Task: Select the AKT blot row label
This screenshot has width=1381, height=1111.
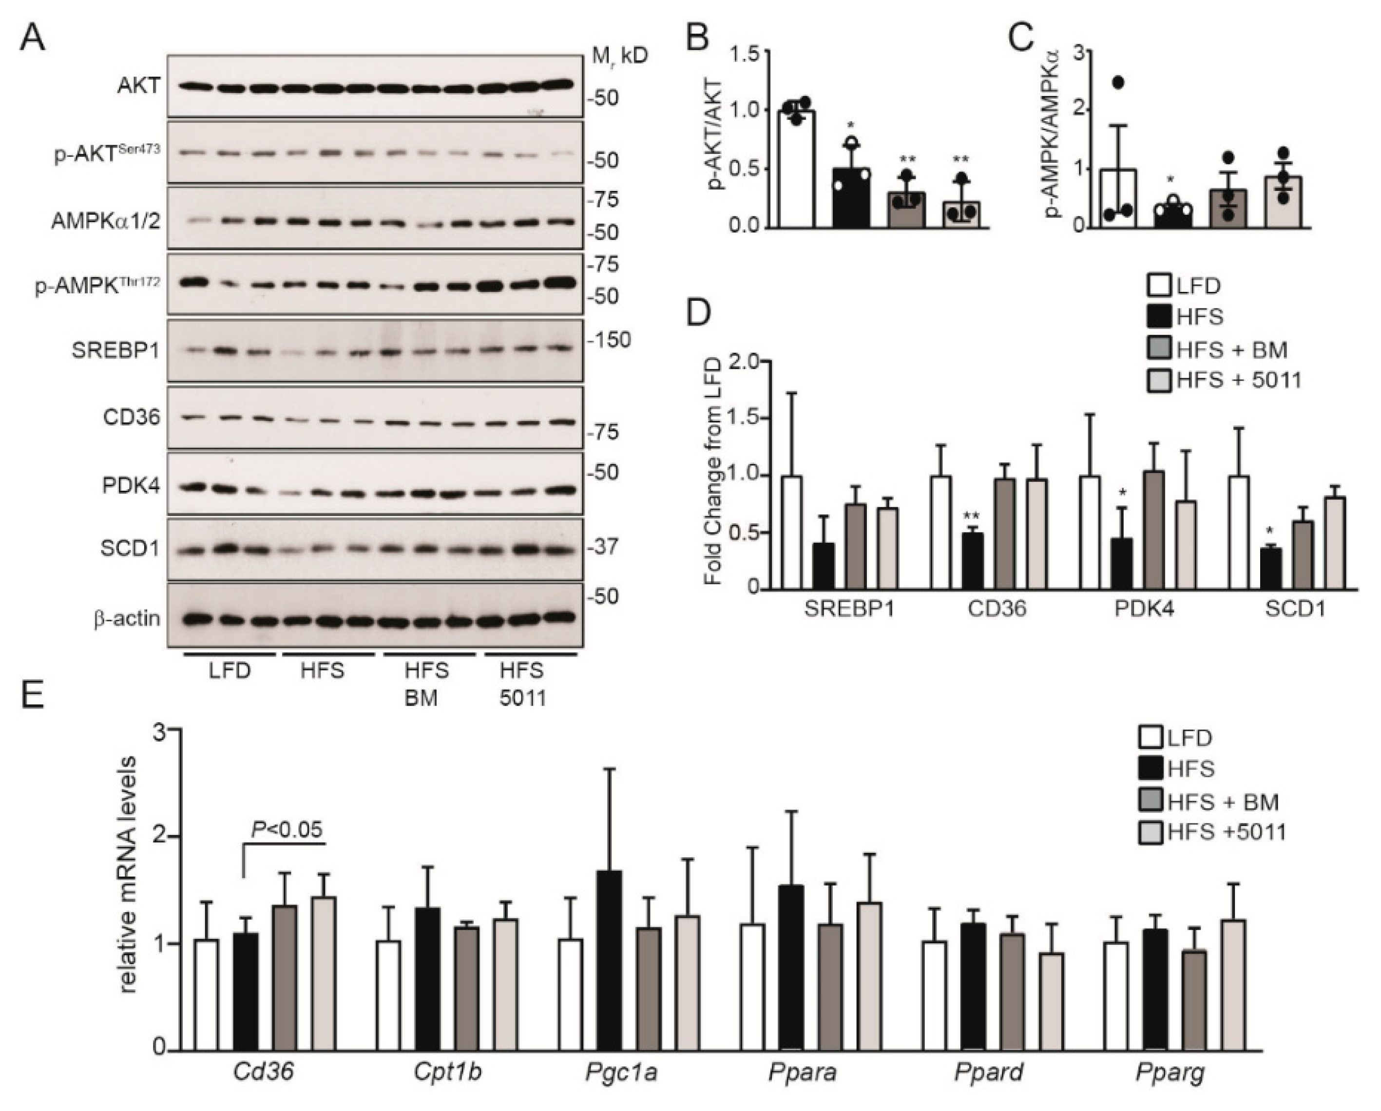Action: [x=138, y=86]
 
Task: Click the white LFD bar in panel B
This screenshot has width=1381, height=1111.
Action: [x=796, y=169]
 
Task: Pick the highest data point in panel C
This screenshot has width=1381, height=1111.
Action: [x=1118, y=82]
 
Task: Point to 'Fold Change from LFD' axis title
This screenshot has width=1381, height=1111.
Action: [x=712, y=471]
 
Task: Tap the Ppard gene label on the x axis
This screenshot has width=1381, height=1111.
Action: [x=988, y=1073]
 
